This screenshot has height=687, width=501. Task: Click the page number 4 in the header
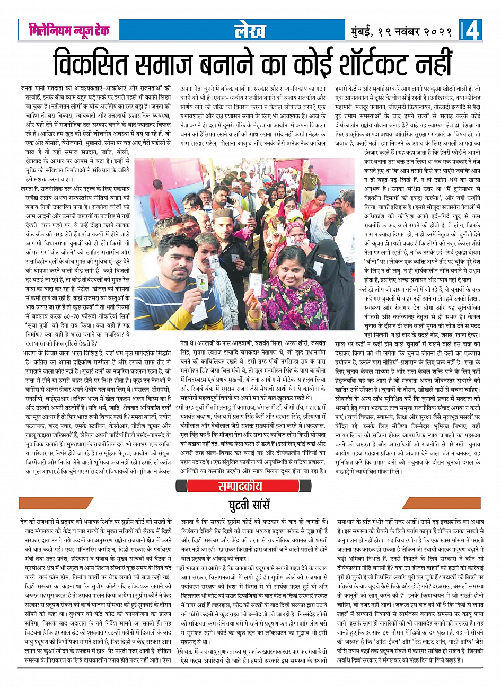tap(472, 31)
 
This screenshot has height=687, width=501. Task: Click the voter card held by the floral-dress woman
tap(257, 283)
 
